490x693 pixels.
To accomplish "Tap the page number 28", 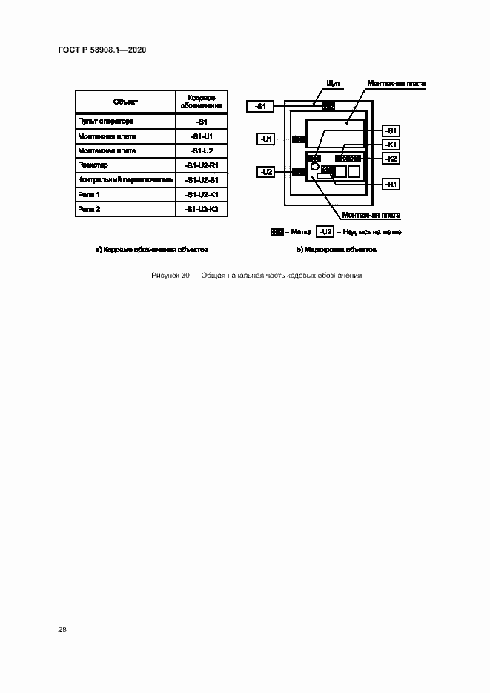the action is click(62, 630).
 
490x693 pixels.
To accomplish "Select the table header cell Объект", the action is click(125, 102).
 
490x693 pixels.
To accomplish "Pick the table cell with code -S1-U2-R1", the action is click(202, 165).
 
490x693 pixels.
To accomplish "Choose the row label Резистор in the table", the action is click(93, 165).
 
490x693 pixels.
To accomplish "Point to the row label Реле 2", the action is click(89, 209).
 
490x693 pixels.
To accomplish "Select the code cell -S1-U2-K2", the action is click(202, 209).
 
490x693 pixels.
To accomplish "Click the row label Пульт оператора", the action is click(105, 122).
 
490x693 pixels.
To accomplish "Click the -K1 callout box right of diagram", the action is click(391, 145).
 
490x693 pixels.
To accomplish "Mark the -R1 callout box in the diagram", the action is click(391, 183).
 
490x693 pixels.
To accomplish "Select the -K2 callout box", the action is click(391, 159).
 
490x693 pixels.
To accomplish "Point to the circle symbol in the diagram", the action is click(315, 168).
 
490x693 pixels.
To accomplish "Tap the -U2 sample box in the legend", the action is click(325, 231).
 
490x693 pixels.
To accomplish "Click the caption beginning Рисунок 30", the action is click(256, 276).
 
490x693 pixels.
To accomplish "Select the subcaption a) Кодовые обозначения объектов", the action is click(151, 250).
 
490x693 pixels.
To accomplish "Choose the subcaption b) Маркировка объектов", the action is click(337, 250).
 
